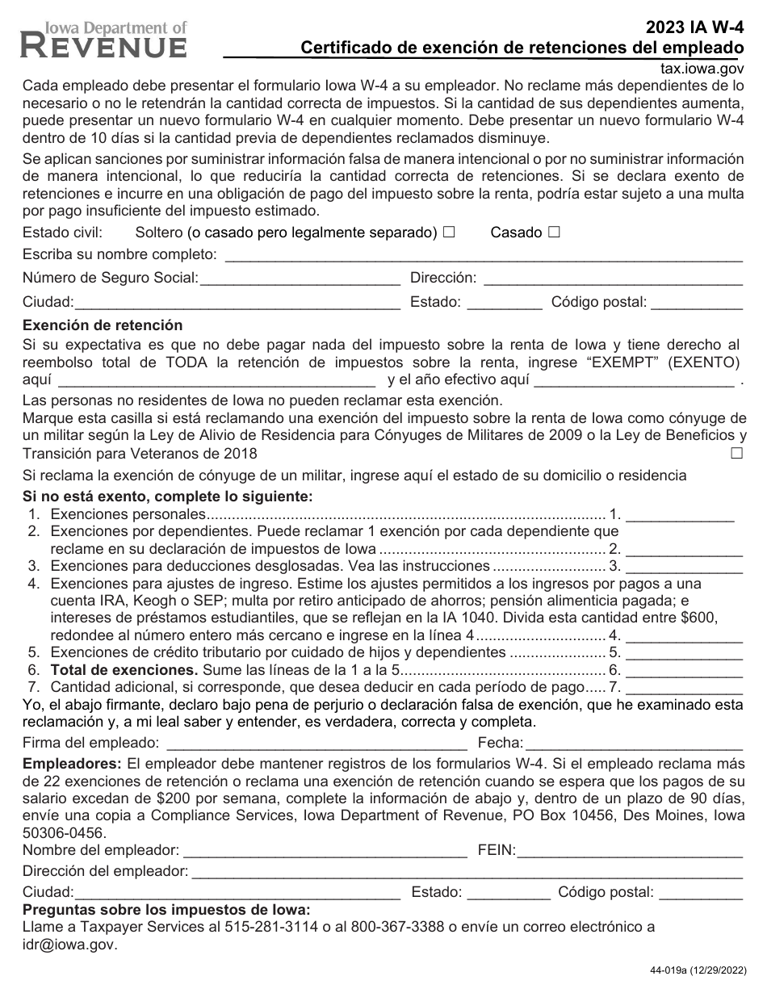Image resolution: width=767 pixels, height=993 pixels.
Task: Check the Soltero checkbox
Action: point(449,233)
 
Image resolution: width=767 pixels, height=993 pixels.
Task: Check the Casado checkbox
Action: point(554,233)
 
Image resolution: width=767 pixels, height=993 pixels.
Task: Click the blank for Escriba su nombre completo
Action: point(483,256)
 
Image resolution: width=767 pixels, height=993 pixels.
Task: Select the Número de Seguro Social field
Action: point(300,279)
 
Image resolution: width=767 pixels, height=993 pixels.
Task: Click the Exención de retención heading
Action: point(103,325)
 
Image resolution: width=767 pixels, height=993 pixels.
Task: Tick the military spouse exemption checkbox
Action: point(736,453)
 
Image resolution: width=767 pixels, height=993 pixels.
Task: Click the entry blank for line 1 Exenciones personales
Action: point(680,515)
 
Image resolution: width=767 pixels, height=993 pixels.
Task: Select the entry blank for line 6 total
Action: point(684,670)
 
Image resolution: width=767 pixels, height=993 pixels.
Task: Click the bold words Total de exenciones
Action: point(124,670)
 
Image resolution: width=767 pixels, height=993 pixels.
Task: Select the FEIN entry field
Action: point(630,850)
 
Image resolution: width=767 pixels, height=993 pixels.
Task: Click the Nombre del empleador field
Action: point(325,850)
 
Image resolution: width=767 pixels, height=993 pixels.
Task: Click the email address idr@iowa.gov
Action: point(69,944)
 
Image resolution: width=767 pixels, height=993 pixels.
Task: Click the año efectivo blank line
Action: point(635,379)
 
